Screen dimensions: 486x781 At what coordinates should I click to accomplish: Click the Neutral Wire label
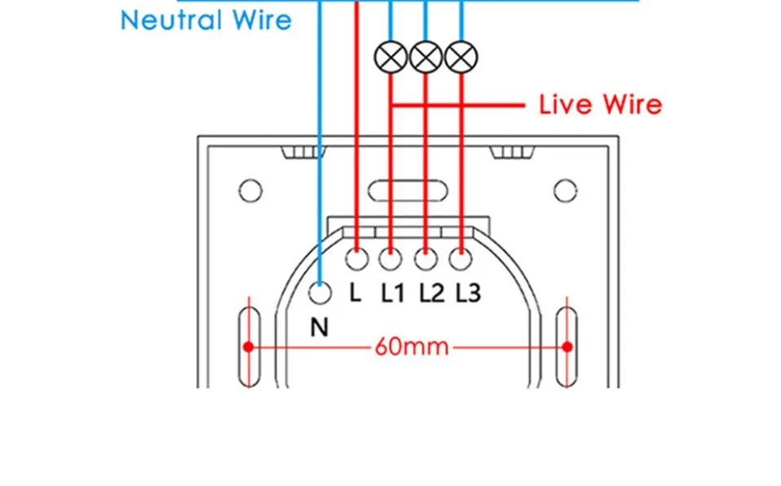(205, 20)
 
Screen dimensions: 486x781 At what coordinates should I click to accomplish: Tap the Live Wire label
(601, 105)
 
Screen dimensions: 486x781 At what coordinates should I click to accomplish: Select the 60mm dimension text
(412, 347)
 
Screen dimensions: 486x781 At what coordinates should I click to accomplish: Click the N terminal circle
(320, 291)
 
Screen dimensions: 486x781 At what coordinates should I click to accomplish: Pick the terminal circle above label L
(356, 259)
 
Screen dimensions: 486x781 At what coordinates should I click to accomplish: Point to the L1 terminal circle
(390, 259)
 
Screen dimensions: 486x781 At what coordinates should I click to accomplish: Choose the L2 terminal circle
(426, 259)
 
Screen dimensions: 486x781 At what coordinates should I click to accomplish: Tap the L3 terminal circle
(461, 259)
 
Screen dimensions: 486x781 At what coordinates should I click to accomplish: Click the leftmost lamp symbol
(390, 56)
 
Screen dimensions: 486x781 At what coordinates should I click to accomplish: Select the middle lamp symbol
(426, 56)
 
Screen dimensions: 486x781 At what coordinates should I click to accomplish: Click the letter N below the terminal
(320, 327)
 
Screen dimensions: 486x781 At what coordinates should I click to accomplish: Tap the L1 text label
(393, 293)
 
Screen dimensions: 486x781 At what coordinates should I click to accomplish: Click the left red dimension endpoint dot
(249, 347)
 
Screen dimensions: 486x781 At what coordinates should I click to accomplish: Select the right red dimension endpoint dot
(567, 347)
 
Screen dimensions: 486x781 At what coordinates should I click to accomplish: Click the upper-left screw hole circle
(250, 192)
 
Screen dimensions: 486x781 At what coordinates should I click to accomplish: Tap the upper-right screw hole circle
(566, 192)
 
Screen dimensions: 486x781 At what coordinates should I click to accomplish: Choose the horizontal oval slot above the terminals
(408, 191)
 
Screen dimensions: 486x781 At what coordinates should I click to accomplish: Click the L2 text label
(431, 293)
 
